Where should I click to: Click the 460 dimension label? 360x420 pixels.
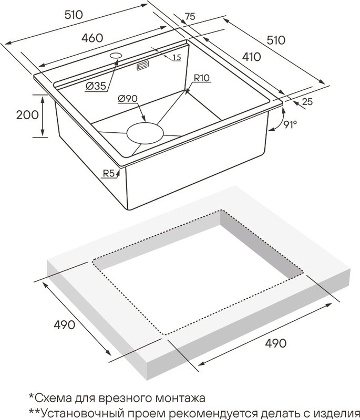coord(92,38)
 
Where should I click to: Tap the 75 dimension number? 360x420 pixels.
coord(190,17)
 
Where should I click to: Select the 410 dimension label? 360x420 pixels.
coord(251,57)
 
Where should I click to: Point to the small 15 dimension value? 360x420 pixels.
coord(177,57)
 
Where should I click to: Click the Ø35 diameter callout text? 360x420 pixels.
coord(96,86)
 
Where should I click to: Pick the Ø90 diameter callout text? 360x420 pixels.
coord(127,99)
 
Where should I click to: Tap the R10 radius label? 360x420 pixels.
coord(202,78)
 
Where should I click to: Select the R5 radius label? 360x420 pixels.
coord(109,174)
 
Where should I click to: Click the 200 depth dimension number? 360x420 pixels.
coord(27,115)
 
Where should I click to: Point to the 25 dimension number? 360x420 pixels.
coord(307,101)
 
